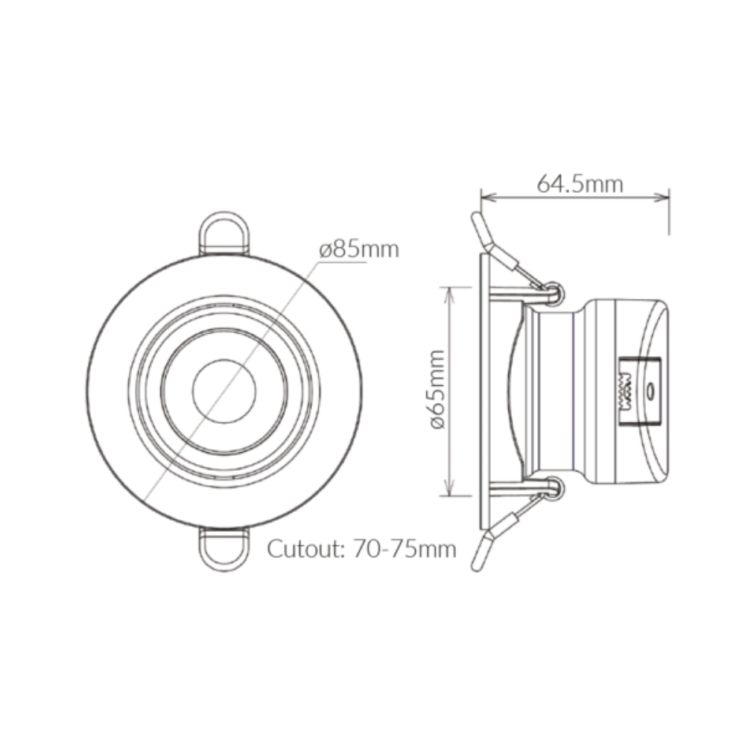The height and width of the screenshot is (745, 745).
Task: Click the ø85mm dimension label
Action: point(360,250)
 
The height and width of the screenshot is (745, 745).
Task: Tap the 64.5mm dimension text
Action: point(580,183)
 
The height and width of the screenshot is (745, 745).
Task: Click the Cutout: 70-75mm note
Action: point(361,550)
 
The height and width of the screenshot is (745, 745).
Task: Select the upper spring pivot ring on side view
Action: point(554,293)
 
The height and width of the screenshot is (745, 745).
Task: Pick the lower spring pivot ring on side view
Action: point(554,488)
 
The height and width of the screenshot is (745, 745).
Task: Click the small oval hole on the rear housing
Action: point(650,390)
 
